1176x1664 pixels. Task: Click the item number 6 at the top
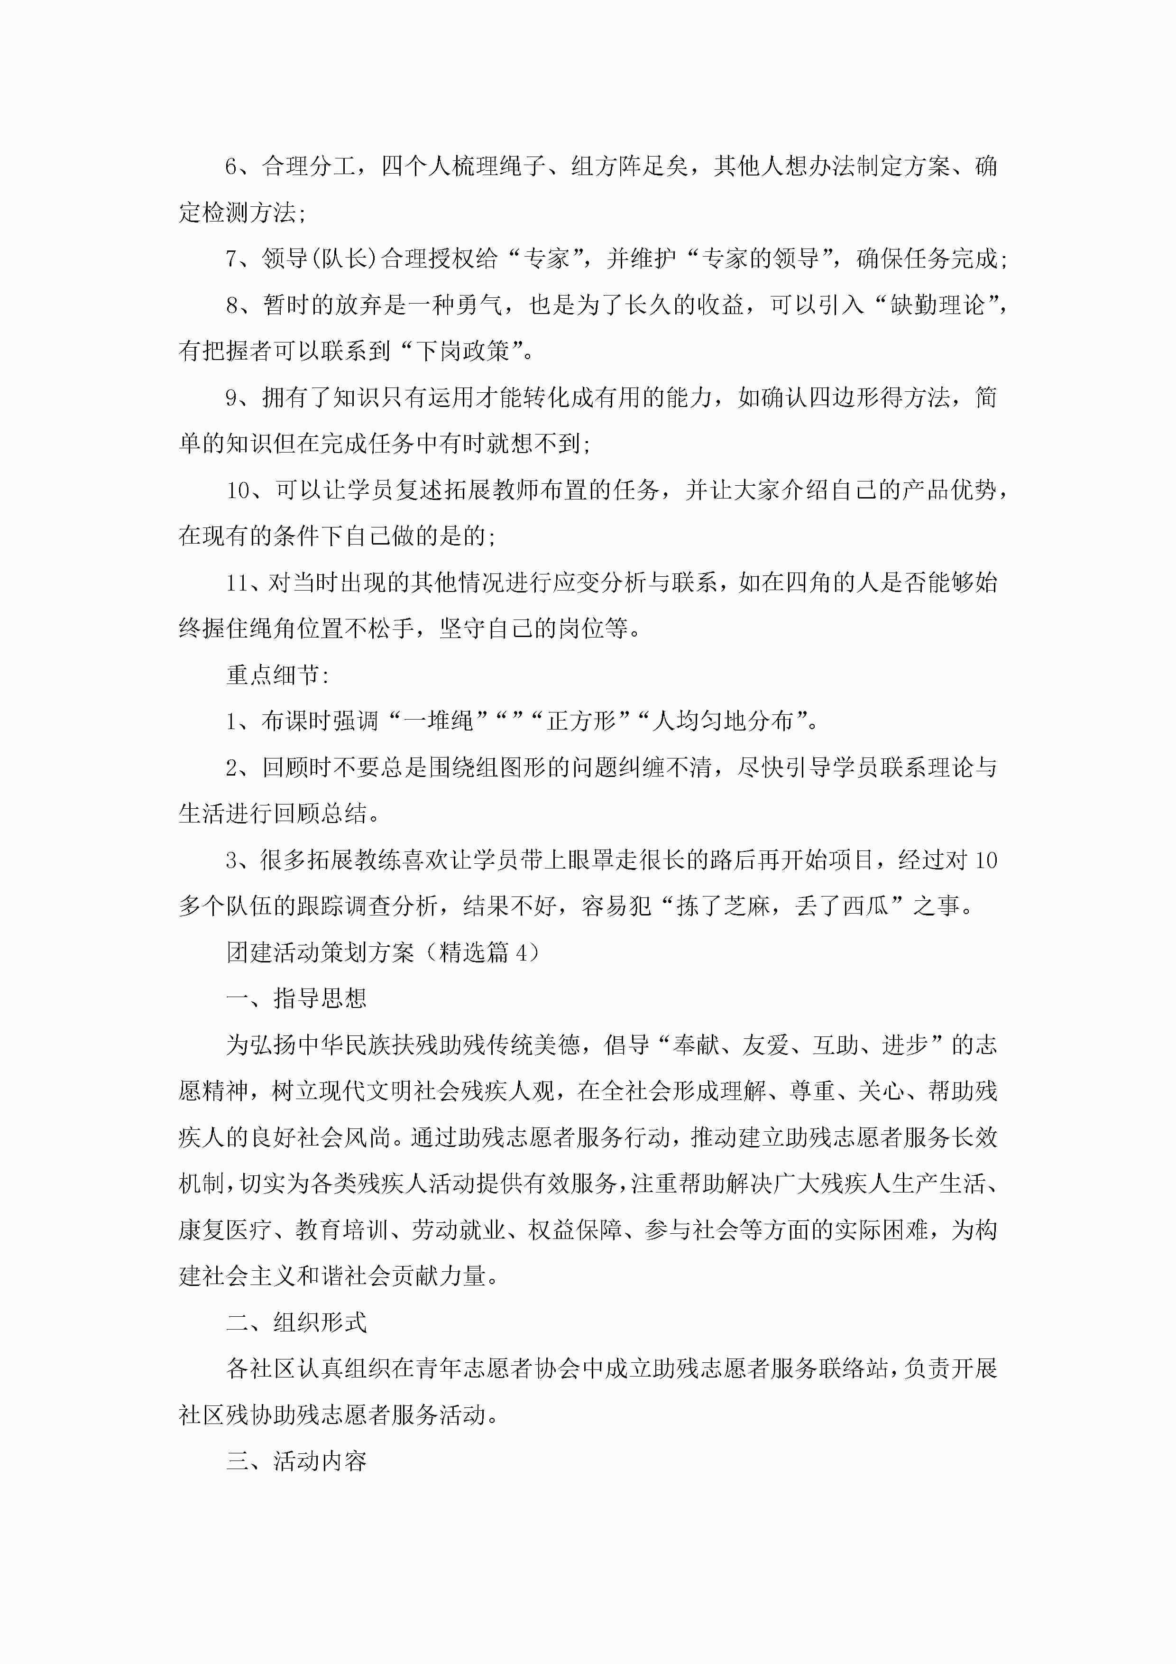pos(231,166)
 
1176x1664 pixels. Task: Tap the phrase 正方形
pos(581,721)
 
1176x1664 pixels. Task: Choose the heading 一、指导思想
pos(296,998)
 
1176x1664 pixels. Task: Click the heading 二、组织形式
pos(296,1322)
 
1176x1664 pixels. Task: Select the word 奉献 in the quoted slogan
pos(696,1045)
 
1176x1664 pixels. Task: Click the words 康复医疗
pos(225,1230)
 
